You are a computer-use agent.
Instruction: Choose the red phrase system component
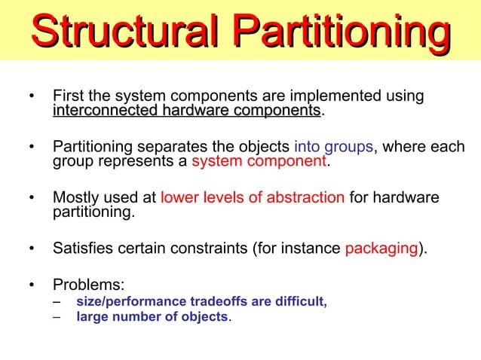259,161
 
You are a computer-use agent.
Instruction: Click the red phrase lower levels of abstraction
253,197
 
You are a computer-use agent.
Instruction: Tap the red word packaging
381,248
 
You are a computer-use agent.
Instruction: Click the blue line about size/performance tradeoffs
201,302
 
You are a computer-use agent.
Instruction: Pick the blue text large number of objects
152,317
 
